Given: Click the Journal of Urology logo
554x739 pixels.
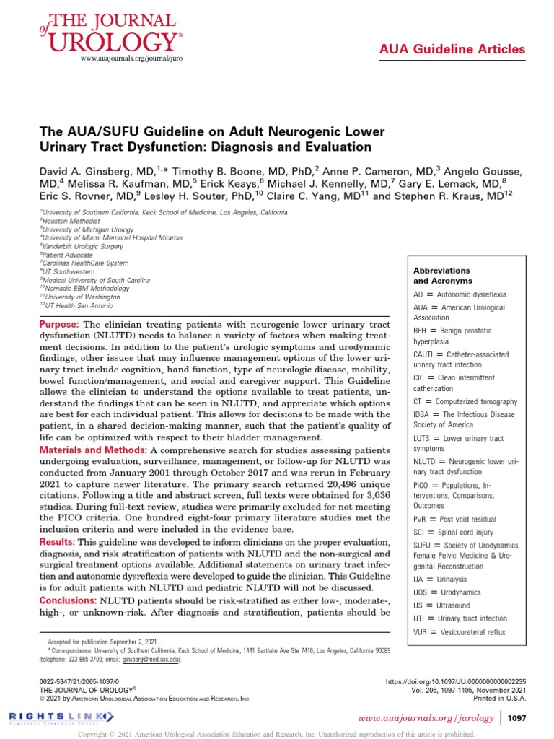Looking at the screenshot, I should (108, 32).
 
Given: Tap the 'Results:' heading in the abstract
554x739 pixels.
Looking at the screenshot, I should (57, 541).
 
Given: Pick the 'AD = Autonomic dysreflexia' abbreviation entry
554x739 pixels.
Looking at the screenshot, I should (460, 294).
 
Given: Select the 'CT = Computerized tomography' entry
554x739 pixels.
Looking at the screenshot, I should (465, 401).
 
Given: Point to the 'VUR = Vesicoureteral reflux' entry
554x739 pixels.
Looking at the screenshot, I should (460, 631).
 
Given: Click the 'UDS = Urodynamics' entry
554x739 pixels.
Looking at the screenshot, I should (447, 592).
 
